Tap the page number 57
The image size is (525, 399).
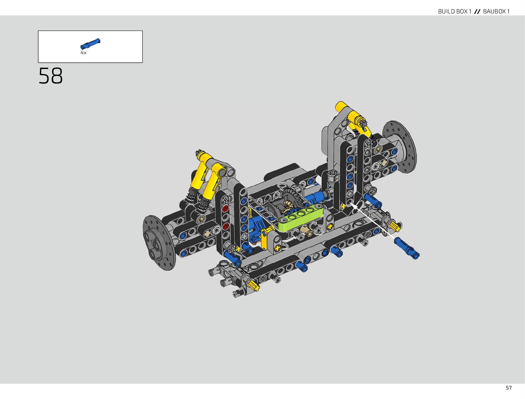[509, 388]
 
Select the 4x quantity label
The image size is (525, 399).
[84, 53]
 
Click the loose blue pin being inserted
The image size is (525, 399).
[406, 248]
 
